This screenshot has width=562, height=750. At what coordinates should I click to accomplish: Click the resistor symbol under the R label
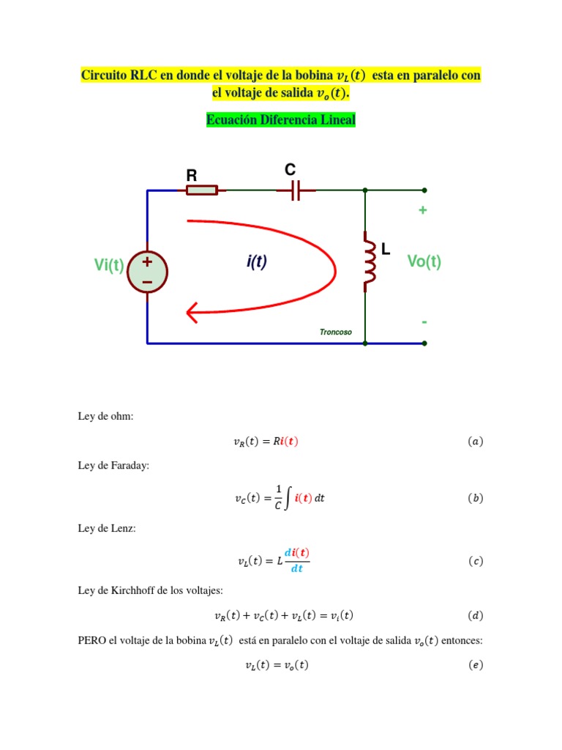[x=202, y=190]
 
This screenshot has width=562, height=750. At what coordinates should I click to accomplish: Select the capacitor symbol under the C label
[x=296, y=190]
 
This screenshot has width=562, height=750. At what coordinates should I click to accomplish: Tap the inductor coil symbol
[x=369, y=261]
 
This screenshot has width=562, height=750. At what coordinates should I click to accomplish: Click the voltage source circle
[x=147, y=272]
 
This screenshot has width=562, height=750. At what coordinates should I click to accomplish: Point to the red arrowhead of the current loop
[x=192, y=313]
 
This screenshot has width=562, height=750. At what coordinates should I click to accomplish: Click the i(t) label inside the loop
[x=257, y=261]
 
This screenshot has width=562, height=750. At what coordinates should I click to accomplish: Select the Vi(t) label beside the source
[x=109, y=264]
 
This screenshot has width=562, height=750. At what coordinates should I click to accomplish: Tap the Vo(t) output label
[x=424, y=261]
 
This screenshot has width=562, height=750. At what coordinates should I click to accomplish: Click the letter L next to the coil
[x=386, y=249]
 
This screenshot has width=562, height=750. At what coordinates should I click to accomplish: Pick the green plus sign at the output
[x=422, y=210]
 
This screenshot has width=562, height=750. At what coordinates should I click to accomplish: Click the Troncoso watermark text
[x=335, y=332]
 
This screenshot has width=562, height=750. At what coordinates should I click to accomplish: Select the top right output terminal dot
[x=424, y=190]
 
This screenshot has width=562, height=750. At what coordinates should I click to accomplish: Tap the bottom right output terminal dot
[x=424, y=344]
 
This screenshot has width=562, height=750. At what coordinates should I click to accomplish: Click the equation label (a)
[x=476, y=441]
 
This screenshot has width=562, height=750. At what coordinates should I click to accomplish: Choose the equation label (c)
[x=476, y=560]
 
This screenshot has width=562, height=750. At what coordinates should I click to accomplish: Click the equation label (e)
[x=476, y=665]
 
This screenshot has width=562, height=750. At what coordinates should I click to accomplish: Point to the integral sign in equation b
[x=288, y=498]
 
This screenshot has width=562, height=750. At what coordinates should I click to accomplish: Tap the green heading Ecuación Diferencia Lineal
[x=281, y=119]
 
